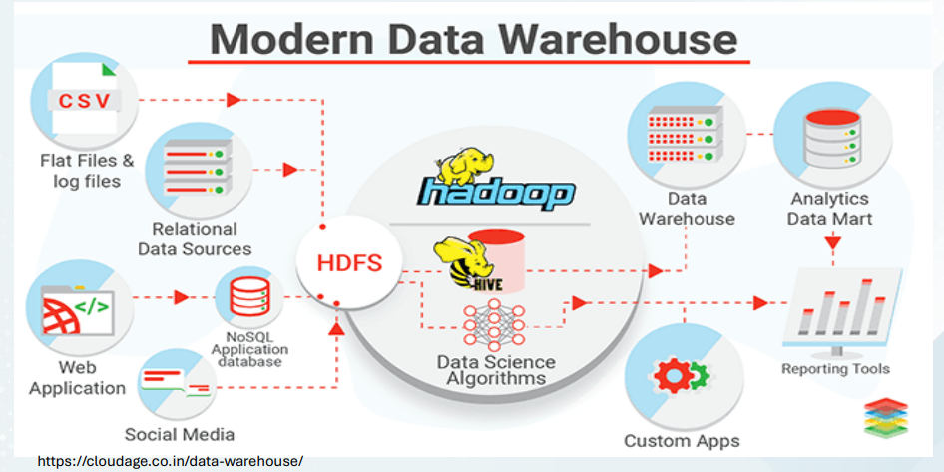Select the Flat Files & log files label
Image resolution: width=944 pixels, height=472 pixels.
(86, 171)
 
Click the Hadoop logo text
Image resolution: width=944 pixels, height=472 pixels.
(496, 192)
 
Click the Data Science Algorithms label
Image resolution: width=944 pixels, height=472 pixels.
(496, 370)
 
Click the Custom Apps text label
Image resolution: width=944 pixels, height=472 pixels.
(683, 440)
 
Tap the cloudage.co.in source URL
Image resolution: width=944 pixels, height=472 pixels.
(170, 462)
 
